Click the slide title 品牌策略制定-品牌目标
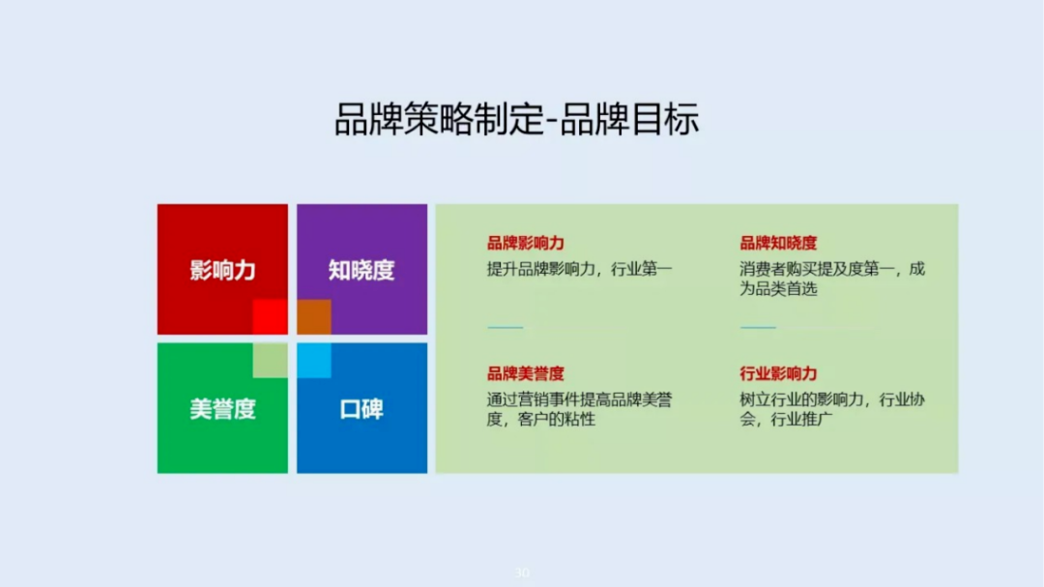(516, 121)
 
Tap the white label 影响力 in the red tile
(222, 270)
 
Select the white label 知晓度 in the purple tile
(362, 270)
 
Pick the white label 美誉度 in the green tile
(222, 409)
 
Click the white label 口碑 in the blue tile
(362, 409)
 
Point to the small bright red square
(271, 317)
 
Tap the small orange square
(314, 317)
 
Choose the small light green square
(271, 360)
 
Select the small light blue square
(314, 360)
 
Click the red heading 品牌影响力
(525, 243)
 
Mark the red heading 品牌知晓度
(778, 243)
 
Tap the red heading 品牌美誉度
(525, 373)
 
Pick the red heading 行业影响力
(778, 373)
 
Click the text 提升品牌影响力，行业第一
(579, 269)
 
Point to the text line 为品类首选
(778, 288)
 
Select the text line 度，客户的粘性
(540, 419)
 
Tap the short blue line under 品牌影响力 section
(505, 328)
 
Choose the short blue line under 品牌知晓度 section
(758, 328)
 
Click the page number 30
(522, 572)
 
